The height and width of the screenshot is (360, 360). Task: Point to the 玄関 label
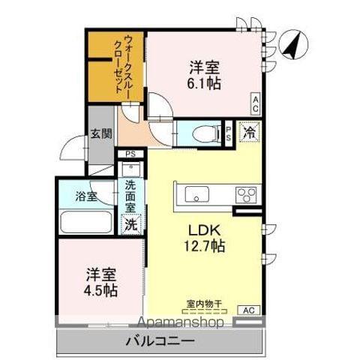click(x=101, y=134)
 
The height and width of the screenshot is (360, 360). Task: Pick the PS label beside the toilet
click(x=229, y=133)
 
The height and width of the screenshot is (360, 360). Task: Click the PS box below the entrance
click(x=130, y=154)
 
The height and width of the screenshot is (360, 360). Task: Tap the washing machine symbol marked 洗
click(x=130, y=223)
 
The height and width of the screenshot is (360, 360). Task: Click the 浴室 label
click(x=85, y=197)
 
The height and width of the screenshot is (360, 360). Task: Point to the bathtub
click(x=85, y=223)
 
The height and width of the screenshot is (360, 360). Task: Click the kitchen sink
click(x=197, y=196)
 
